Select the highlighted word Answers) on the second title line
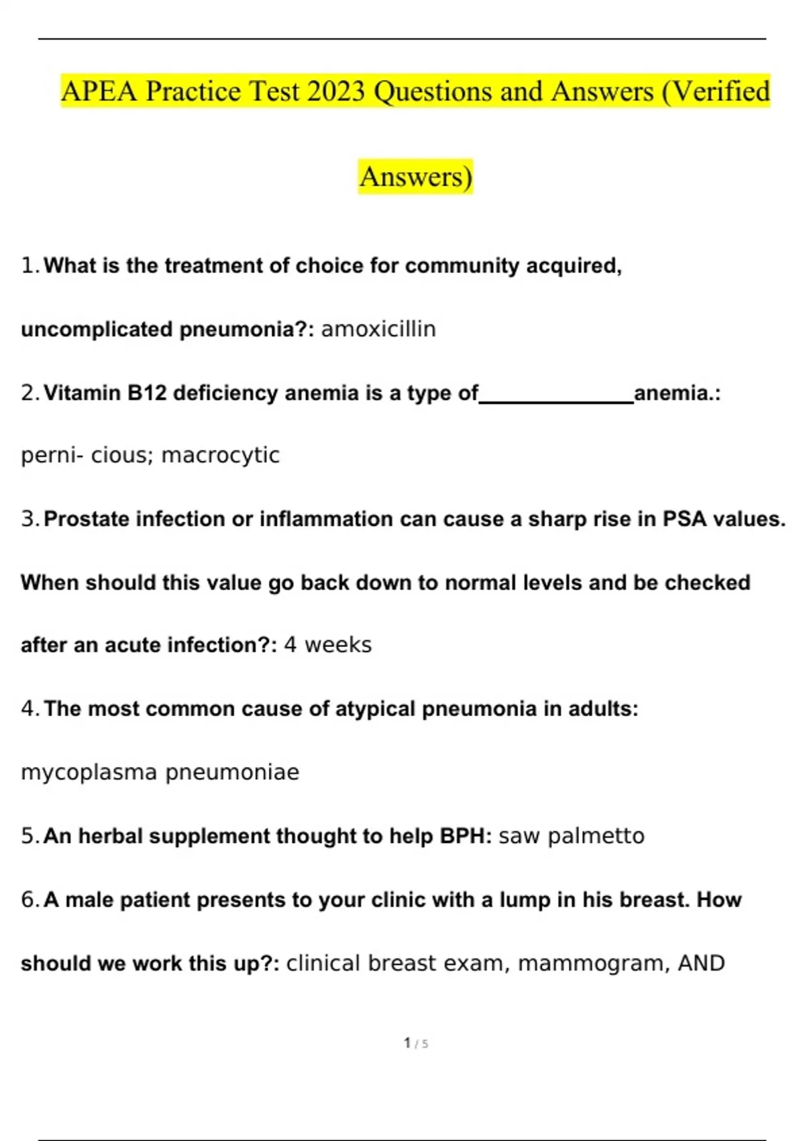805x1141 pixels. pyautogui.click(x=416, y=177)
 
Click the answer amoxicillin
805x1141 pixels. pyautogui.click(x=378, y=329)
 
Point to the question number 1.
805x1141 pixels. pyautogui.click(x=29, y=266)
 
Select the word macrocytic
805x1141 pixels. pyautogui.click(x=221, y=455)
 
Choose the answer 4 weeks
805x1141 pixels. pyautogui.click(x=327, y=645)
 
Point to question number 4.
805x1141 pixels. pyautogui.click(x=29, y=709)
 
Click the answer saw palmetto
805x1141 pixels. pyautogui.click(x=572, y=836)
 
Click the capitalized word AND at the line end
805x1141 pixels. pyautogui.click(x=701, y=964)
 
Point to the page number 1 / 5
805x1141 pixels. pyautogui.click(x=416, y=1043)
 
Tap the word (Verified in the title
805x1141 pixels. pyautogui.click(x=716, y=91)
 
